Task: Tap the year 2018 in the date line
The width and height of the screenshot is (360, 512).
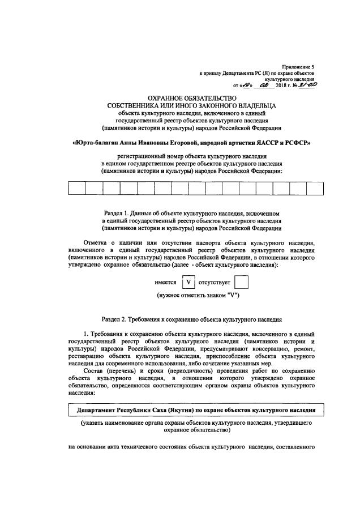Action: [281, 86]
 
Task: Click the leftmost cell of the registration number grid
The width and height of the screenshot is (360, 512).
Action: [76, 187]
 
